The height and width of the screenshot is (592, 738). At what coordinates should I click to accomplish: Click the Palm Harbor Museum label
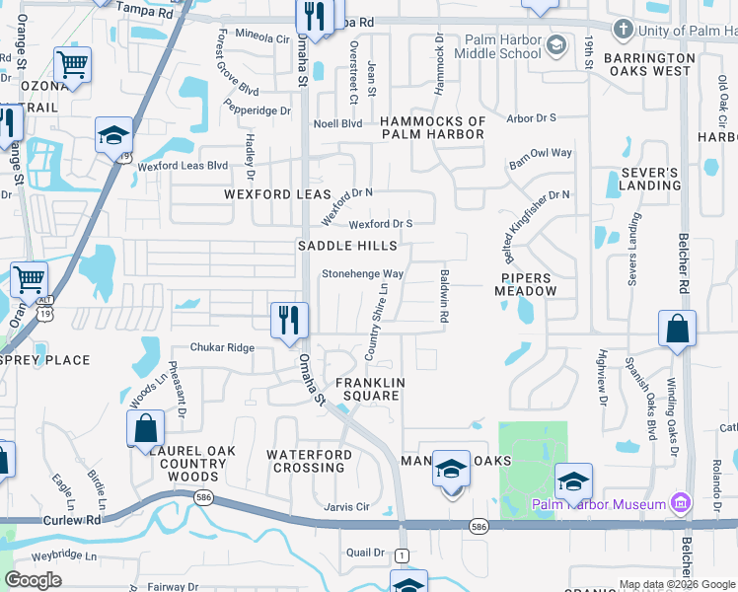[599, 505]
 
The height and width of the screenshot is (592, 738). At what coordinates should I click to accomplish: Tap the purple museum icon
[679, 504]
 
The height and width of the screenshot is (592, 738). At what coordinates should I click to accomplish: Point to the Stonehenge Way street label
[363, 273]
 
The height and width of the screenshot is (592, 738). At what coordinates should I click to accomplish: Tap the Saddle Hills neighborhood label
[348, 245]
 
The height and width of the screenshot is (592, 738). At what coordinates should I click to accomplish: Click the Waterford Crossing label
[309, 461]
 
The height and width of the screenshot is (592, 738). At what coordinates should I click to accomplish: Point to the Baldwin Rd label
[445, 296]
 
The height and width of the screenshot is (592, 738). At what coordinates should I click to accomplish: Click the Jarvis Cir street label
[346, 507]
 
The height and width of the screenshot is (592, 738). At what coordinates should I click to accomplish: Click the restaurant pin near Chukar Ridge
[290, 320]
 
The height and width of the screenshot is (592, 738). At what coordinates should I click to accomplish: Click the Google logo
[35, 580]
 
